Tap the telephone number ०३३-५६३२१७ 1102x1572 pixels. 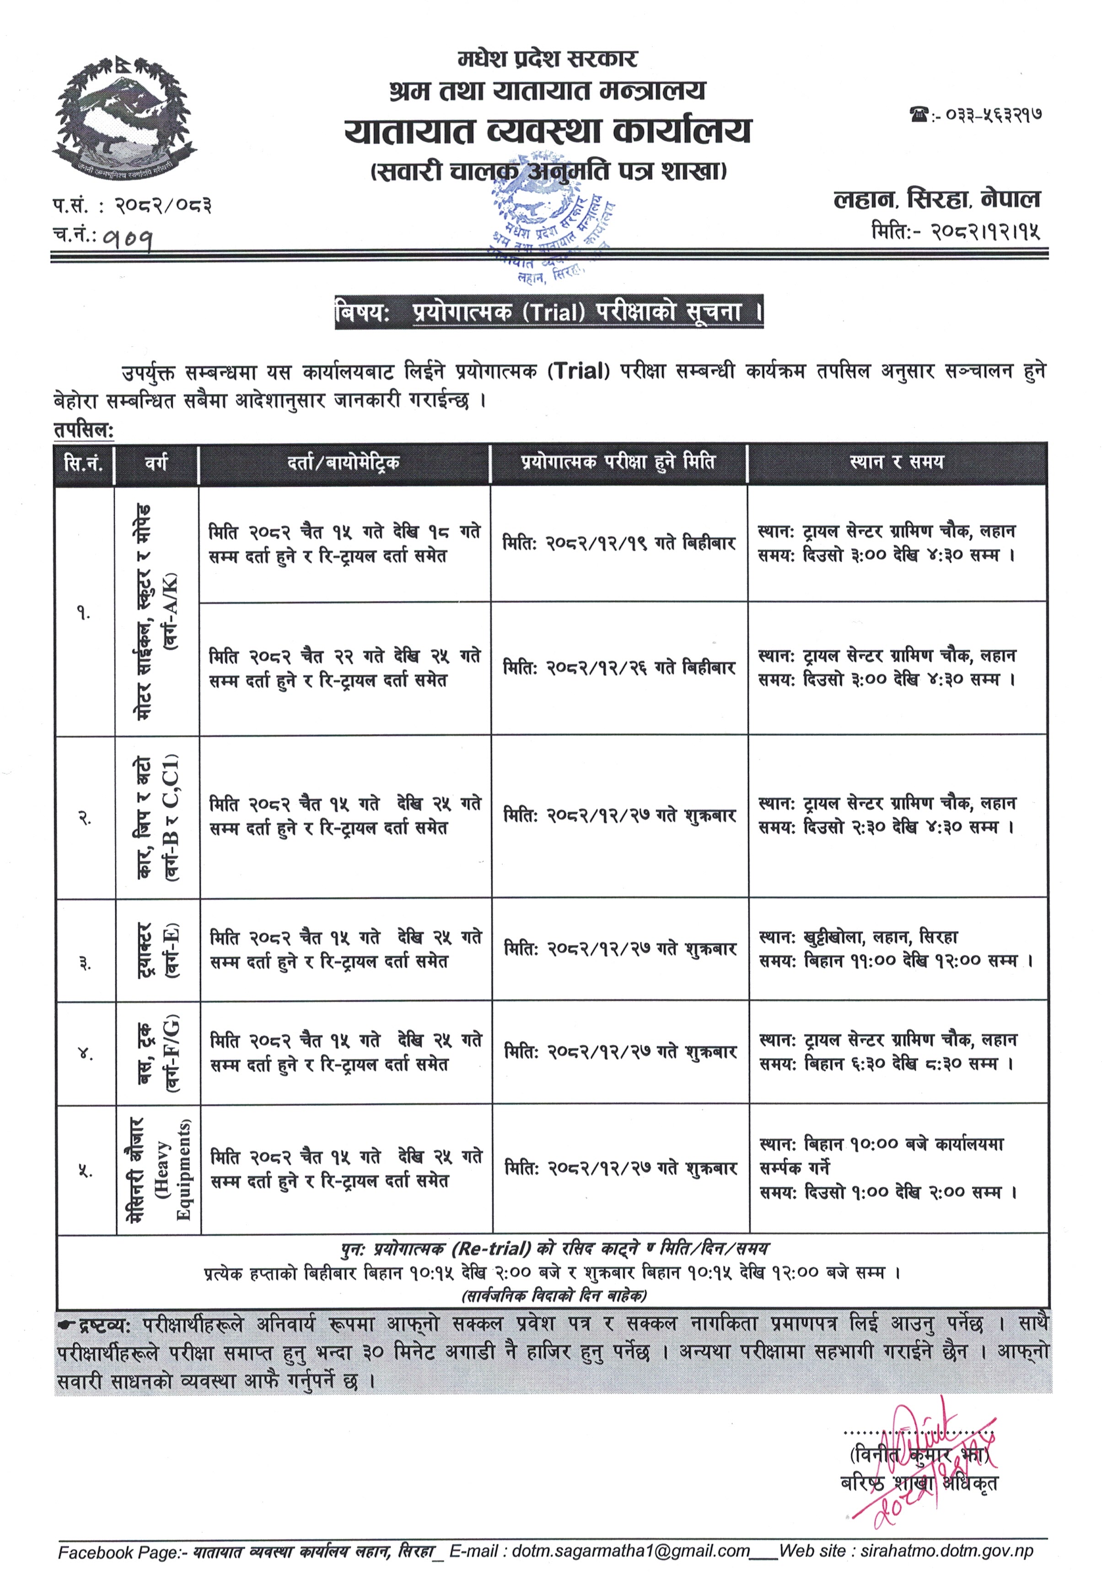(993, 115)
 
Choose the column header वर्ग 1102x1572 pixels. (156, 463)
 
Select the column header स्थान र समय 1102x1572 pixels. (897, 462)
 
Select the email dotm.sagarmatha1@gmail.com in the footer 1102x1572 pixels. (630, 1551)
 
